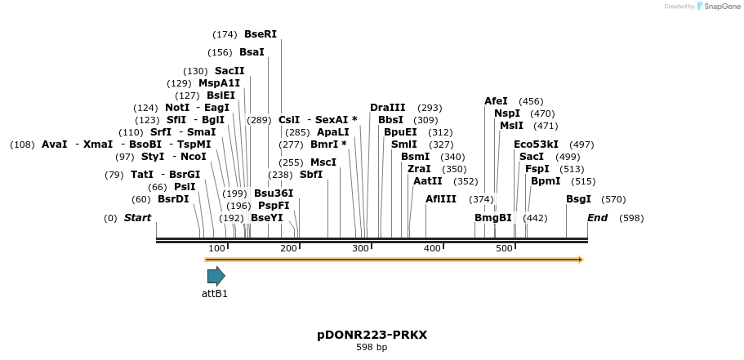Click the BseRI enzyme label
tap(260, 34)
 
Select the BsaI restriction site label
tap(252, 52)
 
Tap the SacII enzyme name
tap(229, 71)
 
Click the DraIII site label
tap(387, 108)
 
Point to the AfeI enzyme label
tap(496, 101)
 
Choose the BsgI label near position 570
tap(578, 199)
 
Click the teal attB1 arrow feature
tap(216, 276)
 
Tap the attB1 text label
tap(215, 294)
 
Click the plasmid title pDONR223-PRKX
tap(372, 335)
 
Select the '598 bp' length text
tap(372, 348)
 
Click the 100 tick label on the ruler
tap(216, 248)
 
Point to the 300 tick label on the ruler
tap(360, 248)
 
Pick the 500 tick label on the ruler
tap(504, 248)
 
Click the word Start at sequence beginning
tap(137, 218)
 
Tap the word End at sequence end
tap(597, 218)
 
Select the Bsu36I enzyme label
tap(274, 193)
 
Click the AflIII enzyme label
tap(441, 199)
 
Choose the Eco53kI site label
tap(536, 144)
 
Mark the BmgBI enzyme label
tap(493, 218)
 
